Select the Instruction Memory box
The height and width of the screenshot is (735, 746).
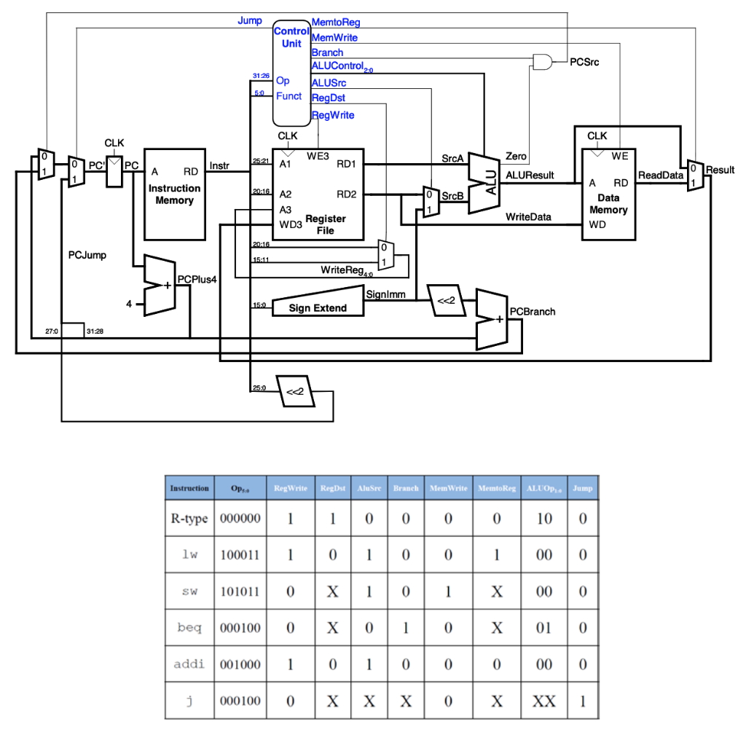point(174,194)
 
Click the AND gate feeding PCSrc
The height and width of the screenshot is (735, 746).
point(543,63)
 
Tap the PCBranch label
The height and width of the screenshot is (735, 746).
point(532,311)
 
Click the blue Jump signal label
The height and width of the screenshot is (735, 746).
point(249,20)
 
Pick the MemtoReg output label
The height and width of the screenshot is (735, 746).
point(335,23)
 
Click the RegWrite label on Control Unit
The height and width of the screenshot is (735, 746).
point(333,115)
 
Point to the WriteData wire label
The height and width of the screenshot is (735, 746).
point(528,216)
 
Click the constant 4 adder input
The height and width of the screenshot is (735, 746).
point(130,304)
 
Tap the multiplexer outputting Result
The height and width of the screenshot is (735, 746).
point(695,176)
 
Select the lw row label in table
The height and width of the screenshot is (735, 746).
point(189,554)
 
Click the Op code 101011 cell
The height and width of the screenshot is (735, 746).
point(239,591)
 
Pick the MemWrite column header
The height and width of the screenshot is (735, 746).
point(448,488)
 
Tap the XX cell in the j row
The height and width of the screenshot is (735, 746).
point(543,701)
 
